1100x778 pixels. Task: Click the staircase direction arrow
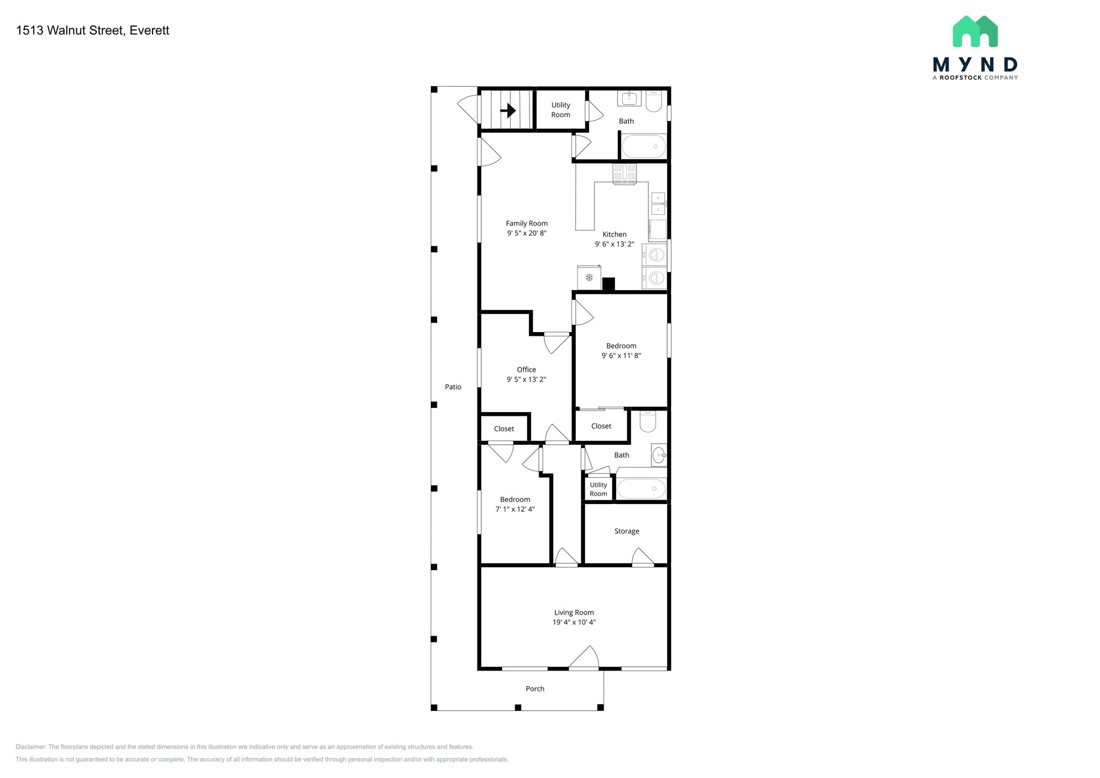[x=508, y=111]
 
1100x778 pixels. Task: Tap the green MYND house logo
[x=975, y=31]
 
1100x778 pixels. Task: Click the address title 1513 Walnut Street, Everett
[x=92, y=31]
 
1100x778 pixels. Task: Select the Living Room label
[x=574, y=613]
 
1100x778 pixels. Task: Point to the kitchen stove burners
[x=625, y=174]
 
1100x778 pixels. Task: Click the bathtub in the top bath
[x=643, y=146]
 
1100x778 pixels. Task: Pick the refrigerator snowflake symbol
[x=589, y=278]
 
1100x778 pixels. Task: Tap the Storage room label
[x=627, y=531]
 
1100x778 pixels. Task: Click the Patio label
[x=453, y=387]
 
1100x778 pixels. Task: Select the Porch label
[x=535, y=689]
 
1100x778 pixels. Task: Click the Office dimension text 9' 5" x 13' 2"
[x=526, y=379]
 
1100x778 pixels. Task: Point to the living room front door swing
[x=584, y=658]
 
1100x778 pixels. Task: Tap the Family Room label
[x=527, y=224]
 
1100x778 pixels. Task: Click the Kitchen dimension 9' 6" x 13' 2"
[x=614, y=244]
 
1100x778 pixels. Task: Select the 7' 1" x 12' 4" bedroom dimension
[x=515, y=509]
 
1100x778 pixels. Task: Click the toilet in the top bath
[x=654, y=101]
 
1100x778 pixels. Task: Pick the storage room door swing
[x=643, y=557]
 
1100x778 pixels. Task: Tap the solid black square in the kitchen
[x=608, y=284]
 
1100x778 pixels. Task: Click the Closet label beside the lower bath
[x=601, y=426]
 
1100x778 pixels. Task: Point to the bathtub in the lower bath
[x=641, y=489]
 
